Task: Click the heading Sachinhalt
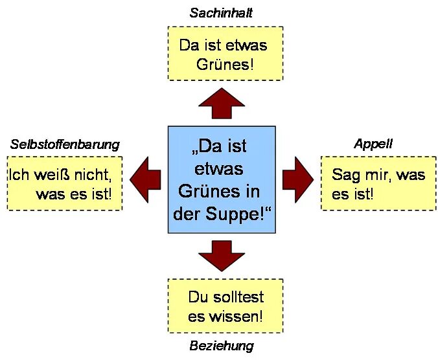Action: (221, 12)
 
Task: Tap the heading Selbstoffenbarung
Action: (65, 144)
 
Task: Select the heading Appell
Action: (373, 144)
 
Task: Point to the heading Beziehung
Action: (222, 346)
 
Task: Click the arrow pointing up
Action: (222, 102)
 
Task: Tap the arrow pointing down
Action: (222, 254)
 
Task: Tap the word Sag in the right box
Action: (345, 175)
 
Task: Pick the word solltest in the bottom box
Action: (236, 298)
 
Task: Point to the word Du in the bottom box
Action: (197, 298)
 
